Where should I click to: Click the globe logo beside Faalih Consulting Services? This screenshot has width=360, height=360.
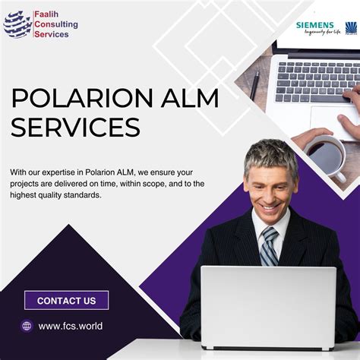tap(17, 24)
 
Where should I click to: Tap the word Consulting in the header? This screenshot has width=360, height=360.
tap(55, 24)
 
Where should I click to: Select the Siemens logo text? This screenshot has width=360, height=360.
tap(314, 26)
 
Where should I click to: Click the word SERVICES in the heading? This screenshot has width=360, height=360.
tap(77, 126)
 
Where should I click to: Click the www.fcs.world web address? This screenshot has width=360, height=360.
tap(70, 326)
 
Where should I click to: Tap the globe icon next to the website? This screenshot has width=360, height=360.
tap(27, 326)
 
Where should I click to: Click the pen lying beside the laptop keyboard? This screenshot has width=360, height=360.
tap(255, 84)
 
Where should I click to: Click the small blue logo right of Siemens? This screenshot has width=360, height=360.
tap(351, 28)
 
